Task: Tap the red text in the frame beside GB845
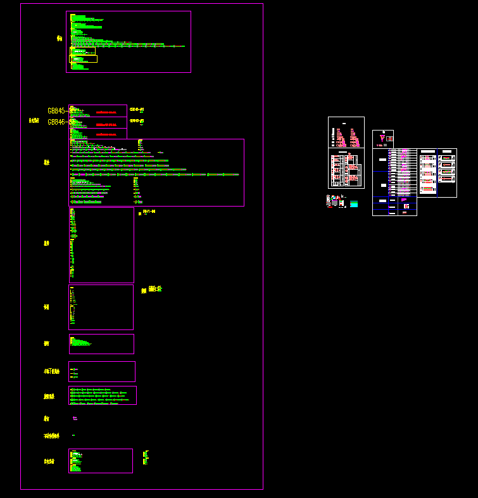[x=106, y=112]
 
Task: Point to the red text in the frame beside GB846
[x=106, y=125]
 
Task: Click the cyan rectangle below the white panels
[x=354, y=204]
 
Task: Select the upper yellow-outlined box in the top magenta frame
[x=83, y=51]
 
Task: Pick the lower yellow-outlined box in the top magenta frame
[x=84, y=59]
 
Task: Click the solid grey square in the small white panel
[x=385, y=145]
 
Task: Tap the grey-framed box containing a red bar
[x=389, y=138]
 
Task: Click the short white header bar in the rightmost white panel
[x=446, y=151]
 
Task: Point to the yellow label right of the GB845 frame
[x=137, y=110]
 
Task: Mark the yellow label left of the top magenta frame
[x=60, y=39]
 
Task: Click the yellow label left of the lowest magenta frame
[x=49, y=461]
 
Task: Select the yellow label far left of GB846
[x=34, y=120]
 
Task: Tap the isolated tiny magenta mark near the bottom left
[x=73, y=435]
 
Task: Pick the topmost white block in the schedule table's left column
[x=382, y=160]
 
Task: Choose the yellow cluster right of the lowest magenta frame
[x=146, y=457]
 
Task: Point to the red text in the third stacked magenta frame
[x=106, y=135]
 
